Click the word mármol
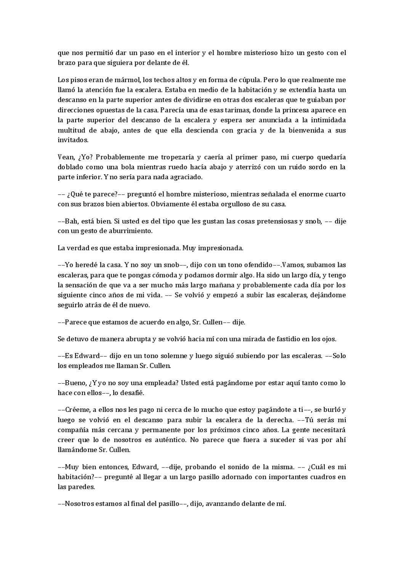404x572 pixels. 128,80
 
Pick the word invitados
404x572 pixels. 73,140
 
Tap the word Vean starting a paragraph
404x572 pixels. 65,157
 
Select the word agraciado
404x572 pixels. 186,177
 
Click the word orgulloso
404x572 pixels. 232,204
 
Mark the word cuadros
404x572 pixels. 322,477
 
